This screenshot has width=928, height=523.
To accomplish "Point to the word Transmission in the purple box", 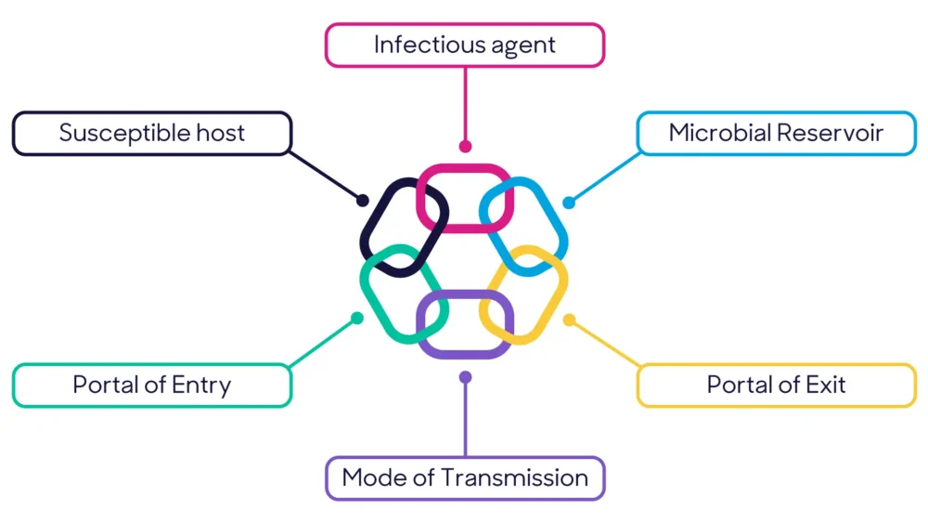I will (513, 478).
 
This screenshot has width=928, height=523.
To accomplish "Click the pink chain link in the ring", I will (464, 168).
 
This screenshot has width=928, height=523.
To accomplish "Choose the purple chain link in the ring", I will (464, 354).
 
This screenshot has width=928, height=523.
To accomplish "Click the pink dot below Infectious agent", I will (465, 147).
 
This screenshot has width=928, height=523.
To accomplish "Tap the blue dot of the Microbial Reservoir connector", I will (569, 203).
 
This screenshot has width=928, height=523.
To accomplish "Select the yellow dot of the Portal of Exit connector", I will (569, 320).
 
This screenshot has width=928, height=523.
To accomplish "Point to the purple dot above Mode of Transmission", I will (465, 377).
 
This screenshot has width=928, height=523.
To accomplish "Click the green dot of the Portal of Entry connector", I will (357, 319).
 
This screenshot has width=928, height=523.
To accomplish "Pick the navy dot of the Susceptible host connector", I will (363, 201).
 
